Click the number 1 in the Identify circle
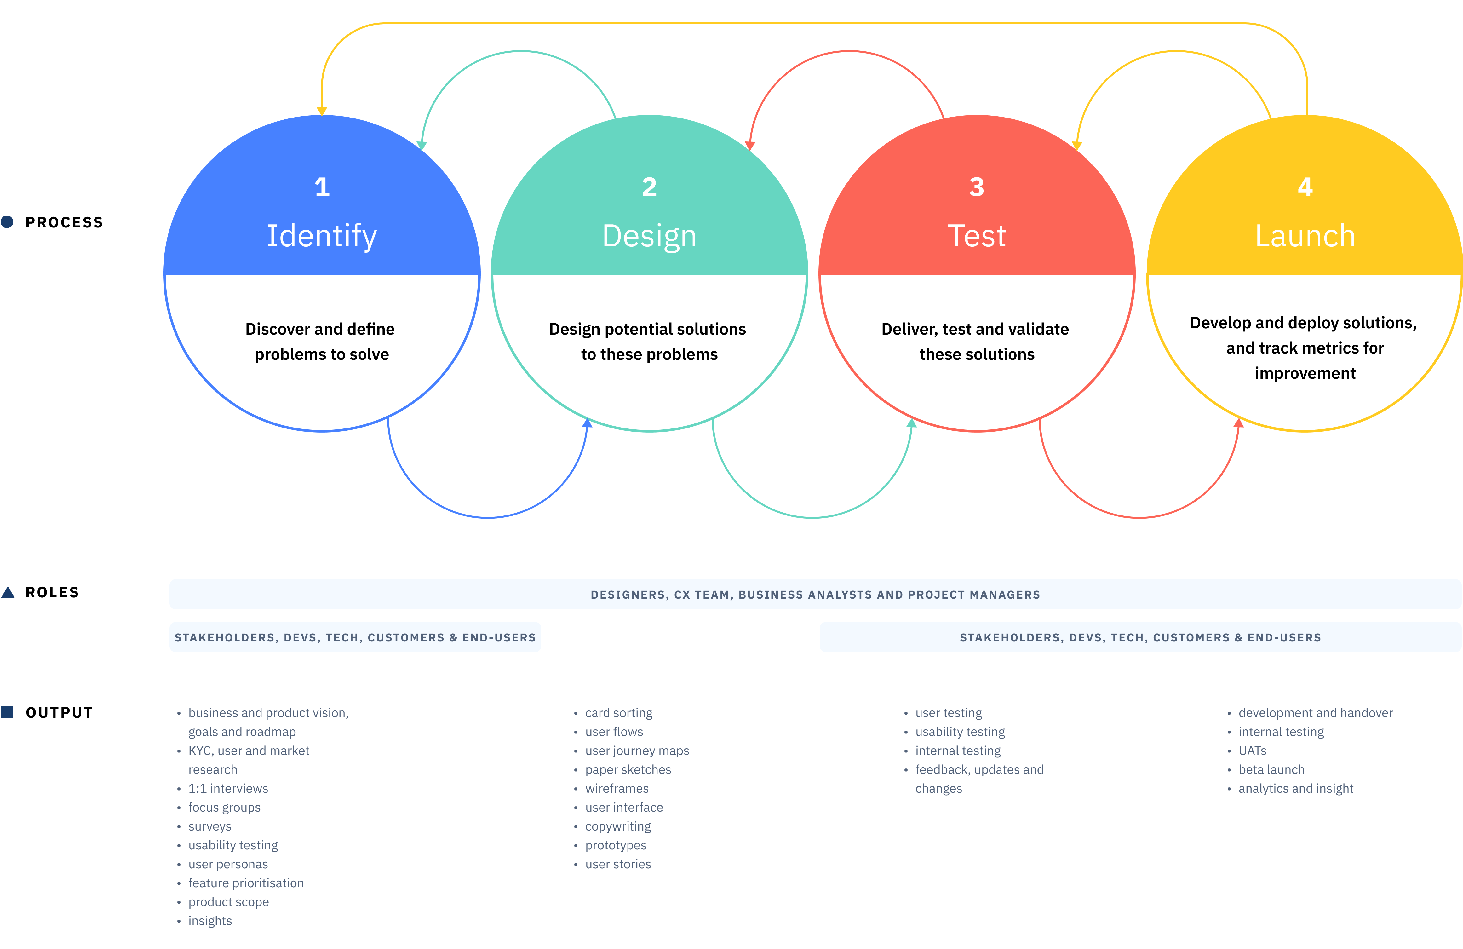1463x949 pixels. [322, 187]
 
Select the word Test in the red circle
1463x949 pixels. [977, 236]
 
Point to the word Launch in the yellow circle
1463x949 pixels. [1305, 236]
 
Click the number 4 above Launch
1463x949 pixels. [1305, 187]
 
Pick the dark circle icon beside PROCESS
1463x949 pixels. [7, 222]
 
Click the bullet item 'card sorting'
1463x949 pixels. [618, 713]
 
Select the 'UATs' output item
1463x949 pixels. [1252, 751]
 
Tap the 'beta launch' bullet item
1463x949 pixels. [1271, 769]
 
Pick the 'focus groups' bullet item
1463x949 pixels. [224, 808]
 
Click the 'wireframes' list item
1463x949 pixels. [617, 789]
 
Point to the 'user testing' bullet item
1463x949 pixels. [949, 713]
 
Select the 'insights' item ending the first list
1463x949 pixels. [210, 921]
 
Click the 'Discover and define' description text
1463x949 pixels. [320, 329]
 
